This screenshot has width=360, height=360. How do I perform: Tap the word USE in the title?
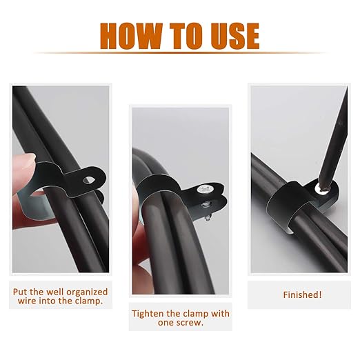(x=235, y=36)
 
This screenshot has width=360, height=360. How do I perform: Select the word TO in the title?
(x=188, y=36)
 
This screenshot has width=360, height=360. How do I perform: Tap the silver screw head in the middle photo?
(x=203, y=190)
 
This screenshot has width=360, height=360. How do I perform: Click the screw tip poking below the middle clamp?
(x=208, y=217)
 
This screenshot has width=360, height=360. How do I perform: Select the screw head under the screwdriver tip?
(x=321, y=190)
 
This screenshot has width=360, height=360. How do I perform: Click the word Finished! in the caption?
(x=302, y=294)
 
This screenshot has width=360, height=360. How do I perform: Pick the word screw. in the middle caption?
(x=192, y=323)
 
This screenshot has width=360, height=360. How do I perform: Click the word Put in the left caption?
(x=20, y=292)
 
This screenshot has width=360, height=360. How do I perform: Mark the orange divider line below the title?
(x=180, y=53)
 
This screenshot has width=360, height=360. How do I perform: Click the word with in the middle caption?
(x=220, y=314)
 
